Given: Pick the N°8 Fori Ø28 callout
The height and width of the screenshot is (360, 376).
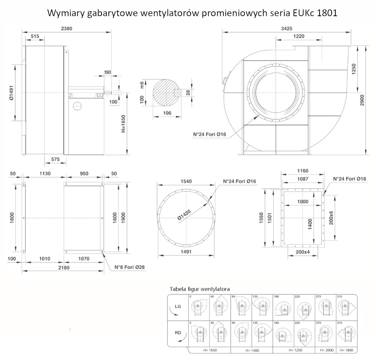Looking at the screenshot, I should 129,267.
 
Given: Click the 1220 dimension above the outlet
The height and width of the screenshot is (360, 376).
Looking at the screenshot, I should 299,36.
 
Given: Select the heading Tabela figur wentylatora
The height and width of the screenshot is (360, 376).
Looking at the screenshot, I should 200,289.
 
